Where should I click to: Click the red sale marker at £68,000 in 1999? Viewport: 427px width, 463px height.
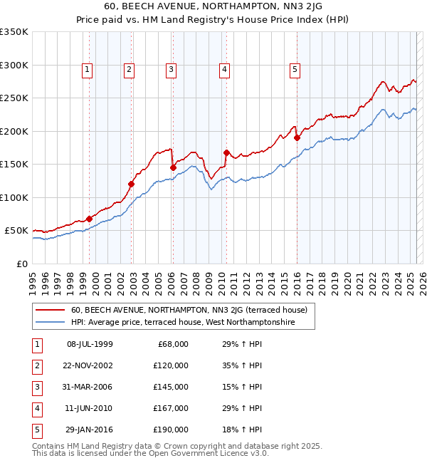89,219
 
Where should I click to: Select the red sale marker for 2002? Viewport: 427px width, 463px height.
132,184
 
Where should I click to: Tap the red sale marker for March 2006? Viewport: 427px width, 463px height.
173,167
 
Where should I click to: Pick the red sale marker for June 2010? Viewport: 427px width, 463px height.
226,152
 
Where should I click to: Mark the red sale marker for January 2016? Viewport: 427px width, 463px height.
297,137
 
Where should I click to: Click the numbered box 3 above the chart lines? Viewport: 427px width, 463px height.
172,70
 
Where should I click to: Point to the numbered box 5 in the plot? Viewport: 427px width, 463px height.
295,70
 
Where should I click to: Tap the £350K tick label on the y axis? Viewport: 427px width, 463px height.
14,32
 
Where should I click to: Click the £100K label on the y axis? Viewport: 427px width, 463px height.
14,197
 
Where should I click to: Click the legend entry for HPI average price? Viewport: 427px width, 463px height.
192,323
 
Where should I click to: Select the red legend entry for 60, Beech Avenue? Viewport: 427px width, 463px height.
189,310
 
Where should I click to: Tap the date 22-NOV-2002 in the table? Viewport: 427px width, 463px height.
90,365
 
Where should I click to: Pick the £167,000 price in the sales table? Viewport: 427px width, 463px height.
171,408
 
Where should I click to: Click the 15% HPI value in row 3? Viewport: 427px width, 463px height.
243,387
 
